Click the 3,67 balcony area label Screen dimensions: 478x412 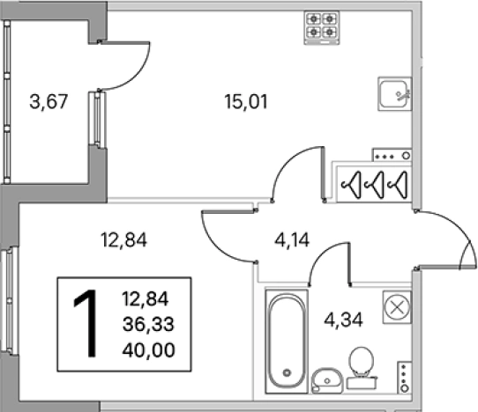(49, 101)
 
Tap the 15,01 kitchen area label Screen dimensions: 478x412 (246, 101)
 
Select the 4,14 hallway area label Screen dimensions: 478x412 (292, 239)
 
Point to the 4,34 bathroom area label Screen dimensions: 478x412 (343, 320)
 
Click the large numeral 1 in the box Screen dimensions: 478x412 (86, 323)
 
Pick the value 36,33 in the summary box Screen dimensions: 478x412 (148, 324)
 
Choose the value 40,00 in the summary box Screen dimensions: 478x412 (148, 349)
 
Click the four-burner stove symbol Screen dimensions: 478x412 (322, 27)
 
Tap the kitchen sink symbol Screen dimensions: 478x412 (395, 93)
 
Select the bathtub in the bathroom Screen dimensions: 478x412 (287, 341)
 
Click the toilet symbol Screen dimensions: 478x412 (362, 368)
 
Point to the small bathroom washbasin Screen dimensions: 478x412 (327, 380)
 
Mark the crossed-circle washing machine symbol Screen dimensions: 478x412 (397, 307)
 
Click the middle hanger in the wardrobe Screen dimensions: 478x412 (375, 185)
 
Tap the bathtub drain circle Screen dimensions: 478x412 (287, 372)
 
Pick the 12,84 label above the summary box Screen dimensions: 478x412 (123, 239)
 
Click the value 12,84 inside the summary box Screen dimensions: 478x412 (146, 298)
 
